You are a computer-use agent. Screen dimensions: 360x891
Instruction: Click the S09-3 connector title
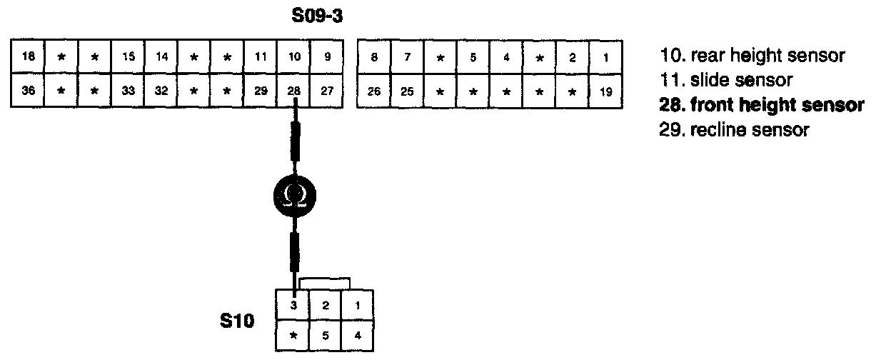[318, 16]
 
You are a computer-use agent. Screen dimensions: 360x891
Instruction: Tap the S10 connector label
[236, 321]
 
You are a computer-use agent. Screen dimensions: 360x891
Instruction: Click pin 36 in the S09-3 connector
[27, 91]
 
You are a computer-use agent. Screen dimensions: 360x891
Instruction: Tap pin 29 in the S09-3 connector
[261, 91]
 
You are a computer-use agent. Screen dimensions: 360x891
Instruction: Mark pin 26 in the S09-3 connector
[373, 91]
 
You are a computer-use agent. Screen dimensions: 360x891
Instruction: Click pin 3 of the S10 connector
[293, 306]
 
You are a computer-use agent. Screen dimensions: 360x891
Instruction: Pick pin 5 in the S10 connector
[325, 335]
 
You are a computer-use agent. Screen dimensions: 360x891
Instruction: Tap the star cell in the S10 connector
[293, 335]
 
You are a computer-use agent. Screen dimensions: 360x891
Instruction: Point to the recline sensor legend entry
[735, 131]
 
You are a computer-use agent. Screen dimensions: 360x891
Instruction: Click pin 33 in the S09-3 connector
[128, 91]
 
